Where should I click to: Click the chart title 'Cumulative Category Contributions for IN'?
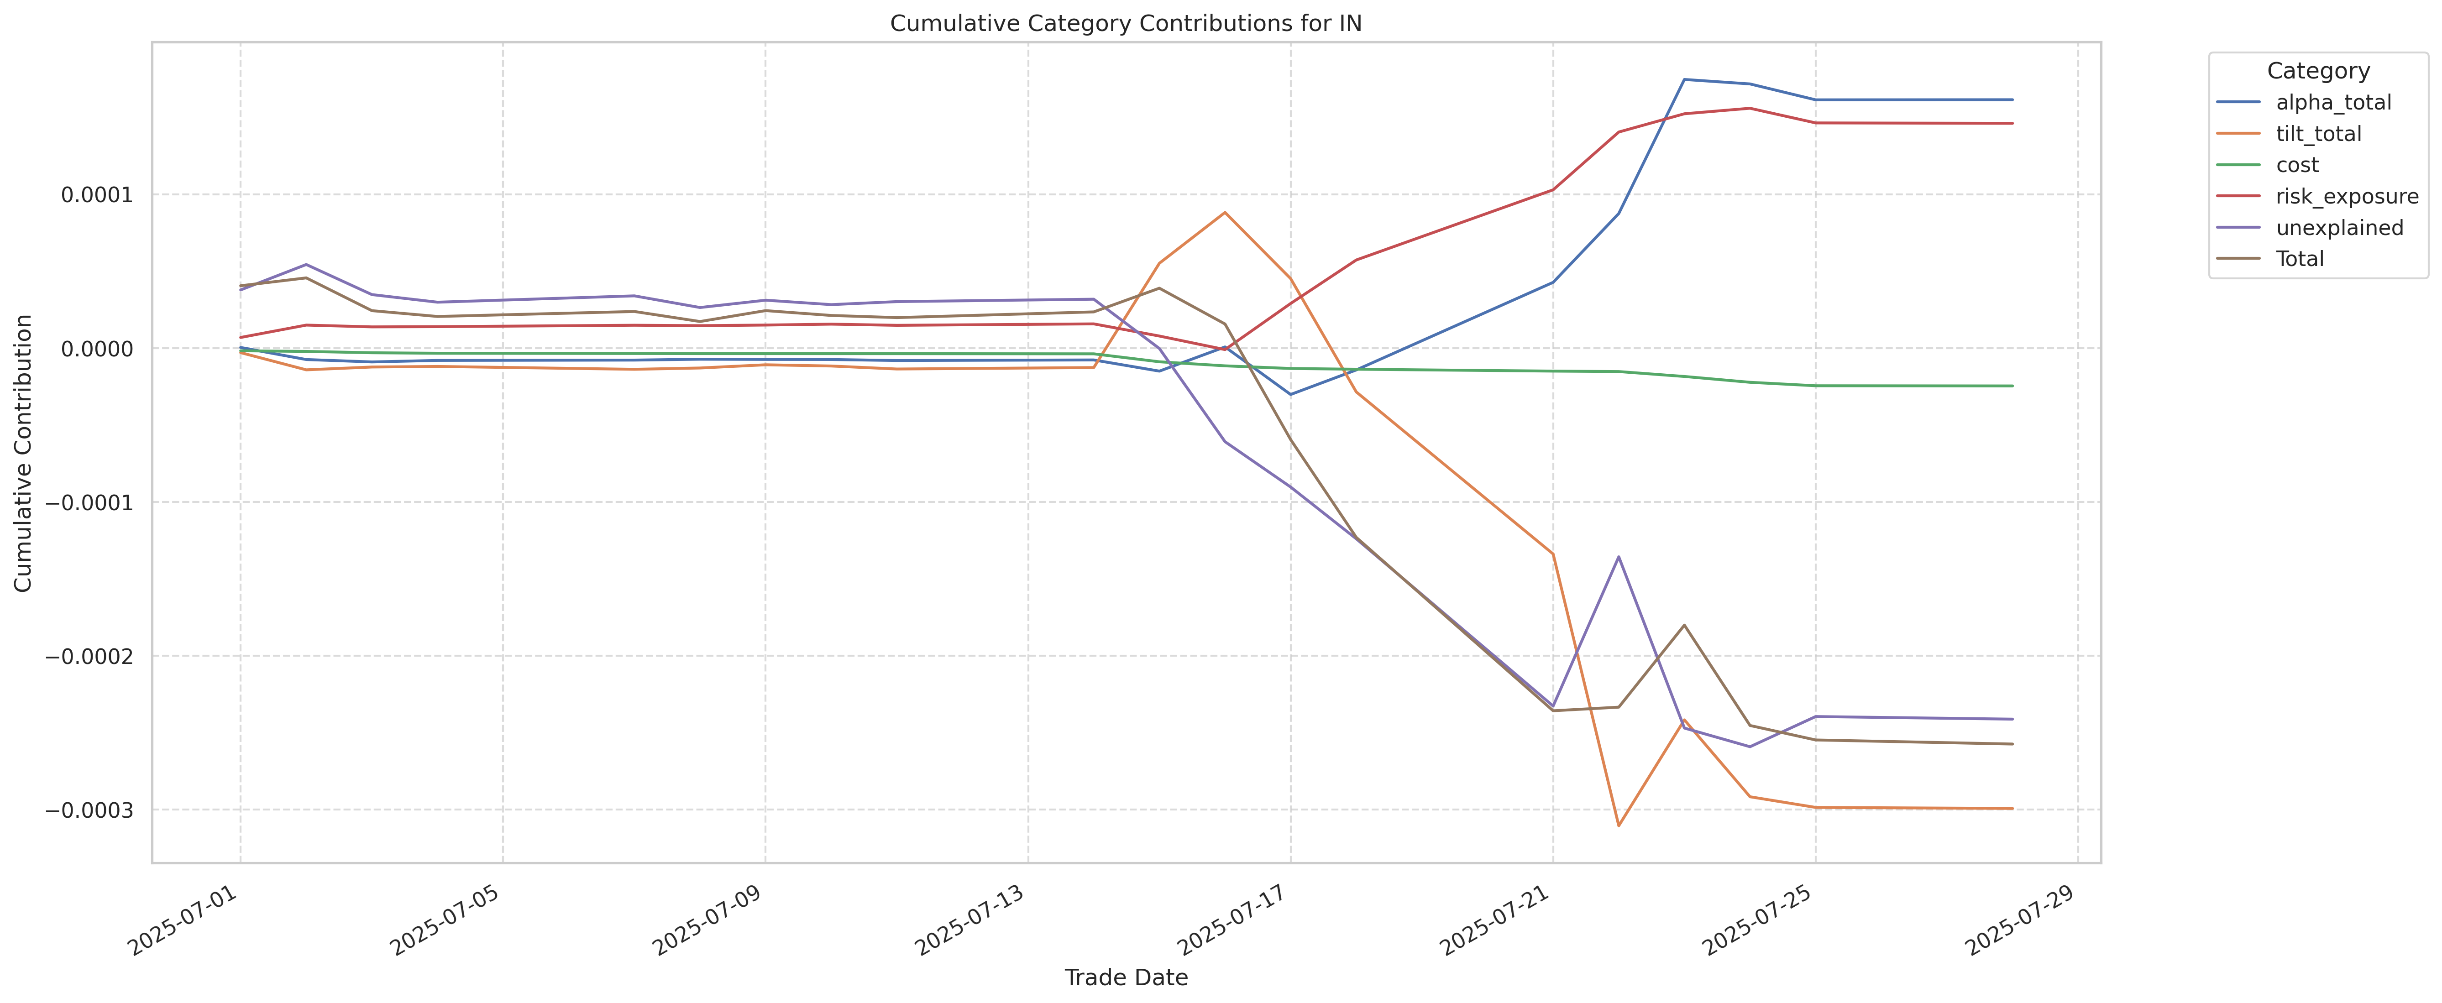1125,24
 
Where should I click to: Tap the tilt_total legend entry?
2318,134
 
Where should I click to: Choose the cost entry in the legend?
2297,165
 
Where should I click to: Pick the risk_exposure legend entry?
2346,196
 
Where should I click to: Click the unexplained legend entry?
2339,228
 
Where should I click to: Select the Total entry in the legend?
2299,259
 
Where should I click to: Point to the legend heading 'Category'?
2318,71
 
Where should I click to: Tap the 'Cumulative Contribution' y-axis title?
24,453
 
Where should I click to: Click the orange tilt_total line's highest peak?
1225,212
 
